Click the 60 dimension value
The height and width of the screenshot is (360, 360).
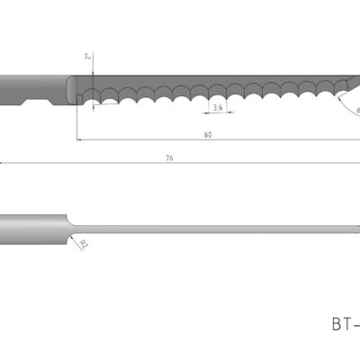(x=208, y=134)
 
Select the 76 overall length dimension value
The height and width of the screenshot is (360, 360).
(x=169, y=157)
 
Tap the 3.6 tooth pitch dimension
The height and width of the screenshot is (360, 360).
(x=217, y=107)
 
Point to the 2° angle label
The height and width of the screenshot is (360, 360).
(x=88, y=58)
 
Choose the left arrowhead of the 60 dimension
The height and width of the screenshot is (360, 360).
(x=79, y=139)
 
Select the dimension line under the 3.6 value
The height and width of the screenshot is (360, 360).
(x=217, y=113)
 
